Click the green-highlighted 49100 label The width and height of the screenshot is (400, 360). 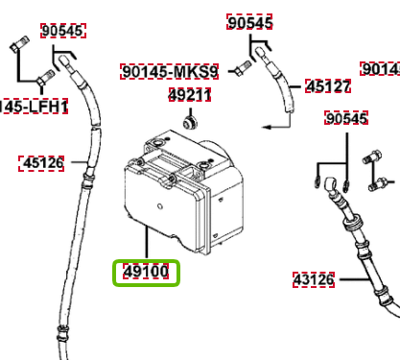tap(145, 273)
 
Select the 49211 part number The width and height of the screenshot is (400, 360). tap(190, 95)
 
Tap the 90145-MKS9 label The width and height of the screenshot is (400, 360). tap(170, 71)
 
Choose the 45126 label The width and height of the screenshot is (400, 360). tap(42, 163)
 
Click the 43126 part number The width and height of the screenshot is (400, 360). tap(314, 280)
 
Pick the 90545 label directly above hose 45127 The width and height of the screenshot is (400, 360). tap(250, 22)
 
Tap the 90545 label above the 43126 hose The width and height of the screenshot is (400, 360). tap(346, 118)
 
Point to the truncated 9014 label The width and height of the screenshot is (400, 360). tap(380, 69)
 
